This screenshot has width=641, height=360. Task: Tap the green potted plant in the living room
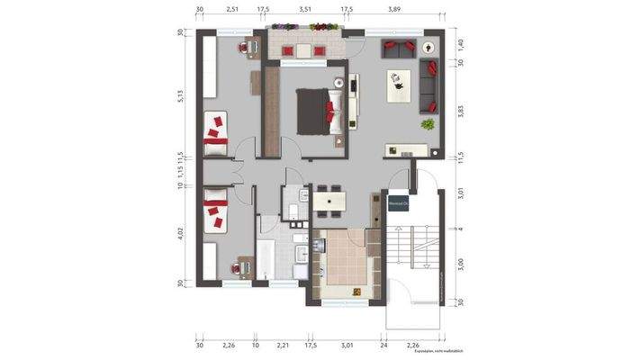429,123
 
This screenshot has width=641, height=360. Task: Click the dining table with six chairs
330,201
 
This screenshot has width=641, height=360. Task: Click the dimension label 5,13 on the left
182,97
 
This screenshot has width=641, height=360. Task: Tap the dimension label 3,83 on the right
458,111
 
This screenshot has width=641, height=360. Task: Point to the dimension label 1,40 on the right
458,42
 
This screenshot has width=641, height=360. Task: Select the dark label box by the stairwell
398,204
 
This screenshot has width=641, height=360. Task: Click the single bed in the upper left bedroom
216,135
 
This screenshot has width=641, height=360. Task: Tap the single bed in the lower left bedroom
215,217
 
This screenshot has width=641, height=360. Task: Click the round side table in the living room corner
426,50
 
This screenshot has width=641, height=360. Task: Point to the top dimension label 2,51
232,8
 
